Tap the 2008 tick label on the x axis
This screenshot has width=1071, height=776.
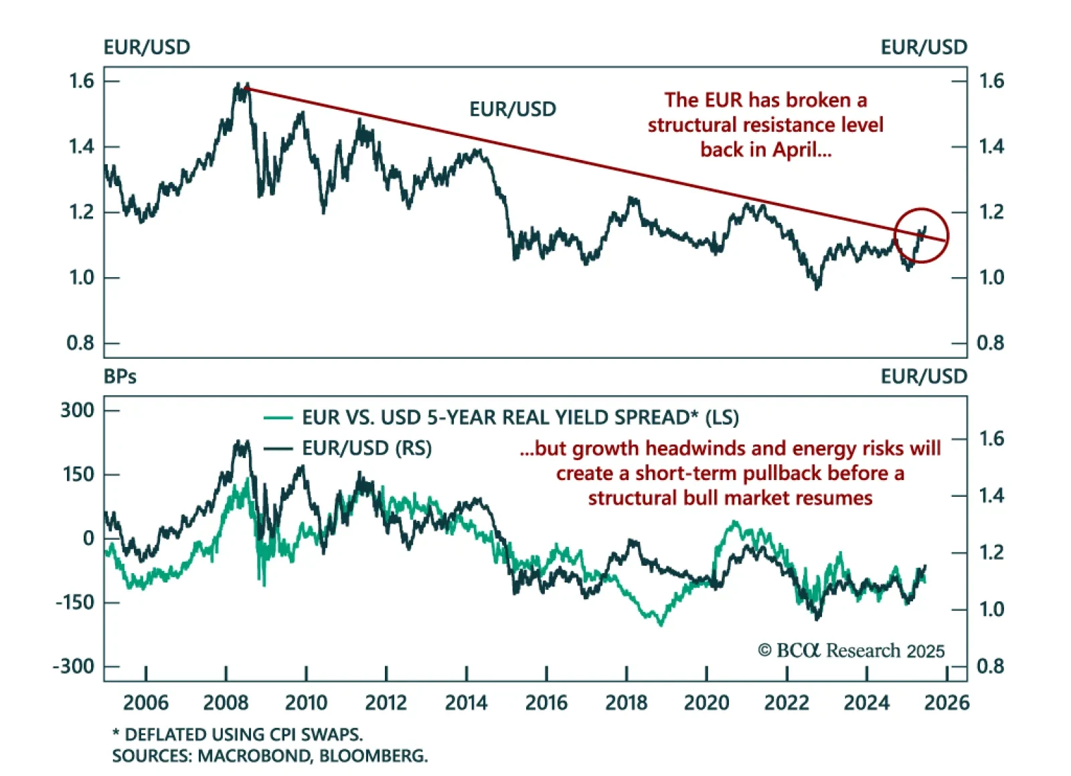tap(226, 703)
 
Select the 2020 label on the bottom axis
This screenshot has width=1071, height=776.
tap(706, 703)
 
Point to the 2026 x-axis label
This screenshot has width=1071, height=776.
tap(946, 703)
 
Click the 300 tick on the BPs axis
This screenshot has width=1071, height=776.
tap(78, 410)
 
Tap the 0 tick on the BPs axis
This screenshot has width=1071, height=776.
tap(88, 538)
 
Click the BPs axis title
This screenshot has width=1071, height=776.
tap(120, 377)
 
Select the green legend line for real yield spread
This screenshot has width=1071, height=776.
tap(278, 418)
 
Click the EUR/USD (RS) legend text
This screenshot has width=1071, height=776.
tap(367, 448)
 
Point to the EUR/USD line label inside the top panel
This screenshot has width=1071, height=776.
tap(513, 109)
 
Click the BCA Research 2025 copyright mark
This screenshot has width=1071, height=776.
tap(851, 651)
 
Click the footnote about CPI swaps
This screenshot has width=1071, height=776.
tap(238, 734)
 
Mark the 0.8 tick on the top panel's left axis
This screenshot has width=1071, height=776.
tap(80, 343)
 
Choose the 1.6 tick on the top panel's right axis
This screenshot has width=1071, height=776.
tap(991, 81)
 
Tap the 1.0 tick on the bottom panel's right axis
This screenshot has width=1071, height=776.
tap(991, 609)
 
